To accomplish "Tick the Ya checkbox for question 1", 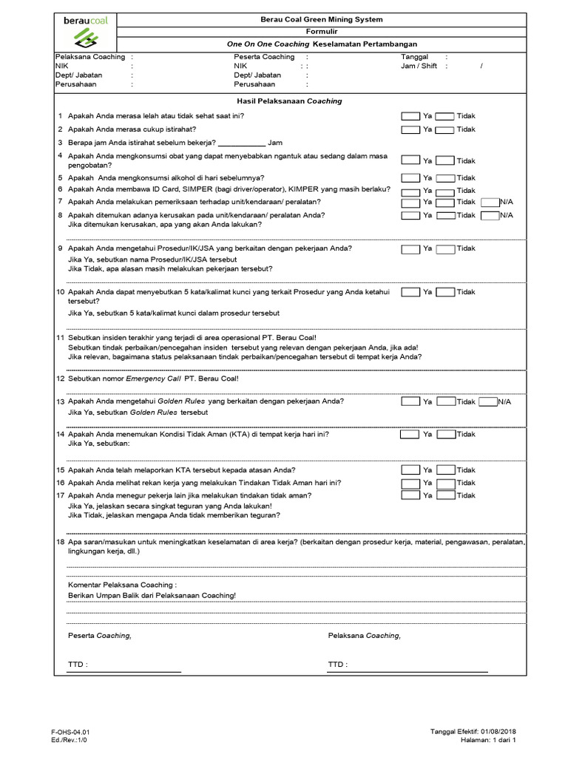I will pyautogui.click(x=410, y=116).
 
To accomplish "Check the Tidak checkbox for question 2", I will pyautogui.click(x=444, y=129).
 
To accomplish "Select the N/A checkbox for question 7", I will pyautogui.click(x=489, y=202).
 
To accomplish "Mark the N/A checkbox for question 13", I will pyautogui.click(x=487, y=402).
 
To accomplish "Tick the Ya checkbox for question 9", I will pyautogui.click(x=410, y=249).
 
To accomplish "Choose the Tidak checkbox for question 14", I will pyautogui.click(x=444, y=435).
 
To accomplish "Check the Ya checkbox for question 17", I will pyautogui.click(x=410, y=495).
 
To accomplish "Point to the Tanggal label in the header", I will pyautogui.click(x=414, y=57).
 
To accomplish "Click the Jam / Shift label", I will pyautogui.click(x=419, y=66).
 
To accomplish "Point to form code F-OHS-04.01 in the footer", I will pyautogui.click(x=70, y=732).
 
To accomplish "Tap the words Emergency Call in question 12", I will pyautogui.click(x=153, y=378).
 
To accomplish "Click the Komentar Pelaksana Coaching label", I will pyautogui.click(x=122, y=584).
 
